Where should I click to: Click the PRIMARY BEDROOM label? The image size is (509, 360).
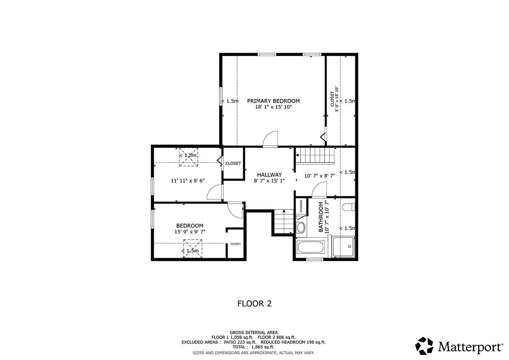(273, 101)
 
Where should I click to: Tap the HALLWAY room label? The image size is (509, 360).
(269, 175)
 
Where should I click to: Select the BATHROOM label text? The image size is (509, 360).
(321, 217)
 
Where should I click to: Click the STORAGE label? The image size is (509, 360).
(301, 206)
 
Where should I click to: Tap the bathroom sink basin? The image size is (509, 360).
(301, 228)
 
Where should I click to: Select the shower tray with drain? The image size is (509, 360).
(343, 247)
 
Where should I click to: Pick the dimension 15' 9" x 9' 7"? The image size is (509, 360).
(190, 232)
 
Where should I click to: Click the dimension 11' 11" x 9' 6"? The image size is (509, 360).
(188, 181)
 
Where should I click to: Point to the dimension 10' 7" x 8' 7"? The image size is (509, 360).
(320, 176)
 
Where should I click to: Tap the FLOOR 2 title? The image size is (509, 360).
(254, 304)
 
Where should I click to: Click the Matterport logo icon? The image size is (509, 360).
(424, 346)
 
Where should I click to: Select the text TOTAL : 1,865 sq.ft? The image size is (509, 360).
(254, 347)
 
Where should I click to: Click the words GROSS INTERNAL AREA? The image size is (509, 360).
(254, 332)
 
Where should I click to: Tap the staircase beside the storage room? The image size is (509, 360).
(284, 221)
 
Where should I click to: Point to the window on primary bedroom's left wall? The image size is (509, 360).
(221, 96)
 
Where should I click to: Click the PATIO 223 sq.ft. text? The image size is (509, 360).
(240, 342)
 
